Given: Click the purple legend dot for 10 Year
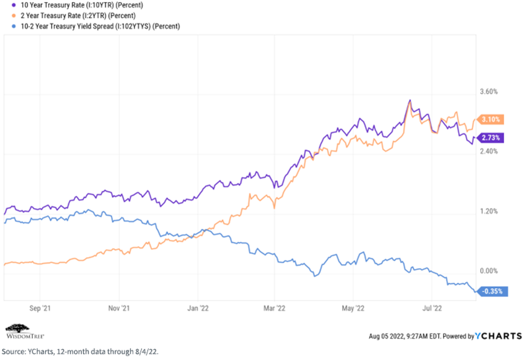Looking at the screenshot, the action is pos(14,5).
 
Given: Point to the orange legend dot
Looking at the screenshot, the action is pos(14,16).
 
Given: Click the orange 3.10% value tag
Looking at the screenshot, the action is pos(490,119).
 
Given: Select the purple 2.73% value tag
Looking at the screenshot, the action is pos(490,138).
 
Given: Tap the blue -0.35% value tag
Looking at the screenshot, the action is pos(492,292).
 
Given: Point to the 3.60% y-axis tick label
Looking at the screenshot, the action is pos(489,92).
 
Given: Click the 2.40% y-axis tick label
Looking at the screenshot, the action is pos(489,152).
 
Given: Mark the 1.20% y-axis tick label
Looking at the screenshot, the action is pos(489,211).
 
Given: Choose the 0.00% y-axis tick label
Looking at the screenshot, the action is pos(489,271).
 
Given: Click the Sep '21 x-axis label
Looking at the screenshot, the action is pos(40,308).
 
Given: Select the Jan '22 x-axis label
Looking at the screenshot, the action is pos(198,308).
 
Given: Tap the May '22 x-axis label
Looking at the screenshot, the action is pos(353,308).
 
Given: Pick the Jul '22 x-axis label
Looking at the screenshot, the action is pos(432,308).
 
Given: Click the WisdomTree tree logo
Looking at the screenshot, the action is pos(17,329).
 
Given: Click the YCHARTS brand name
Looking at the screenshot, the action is pos(498,336).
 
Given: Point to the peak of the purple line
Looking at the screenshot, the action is pos(410,100).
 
